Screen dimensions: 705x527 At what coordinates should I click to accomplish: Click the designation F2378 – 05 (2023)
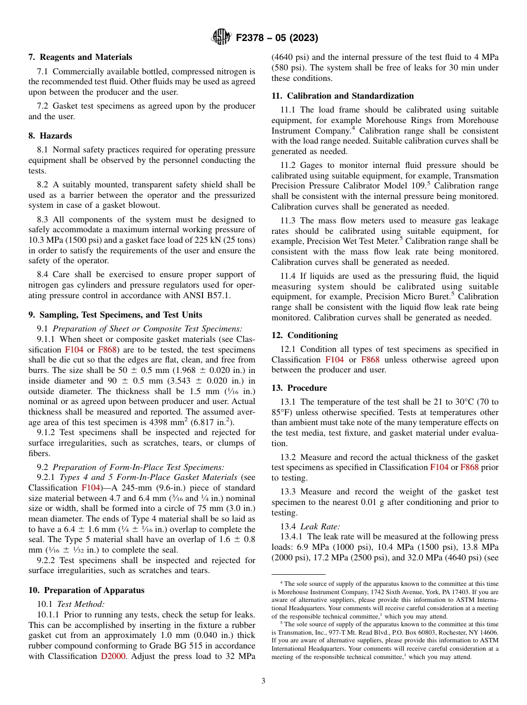click(277, 38)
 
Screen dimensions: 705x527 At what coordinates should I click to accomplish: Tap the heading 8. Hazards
click(50, 136)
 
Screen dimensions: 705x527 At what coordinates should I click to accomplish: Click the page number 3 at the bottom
click(263, 681)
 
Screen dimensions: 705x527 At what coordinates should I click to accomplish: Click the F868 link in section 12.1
click(370, 360)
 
